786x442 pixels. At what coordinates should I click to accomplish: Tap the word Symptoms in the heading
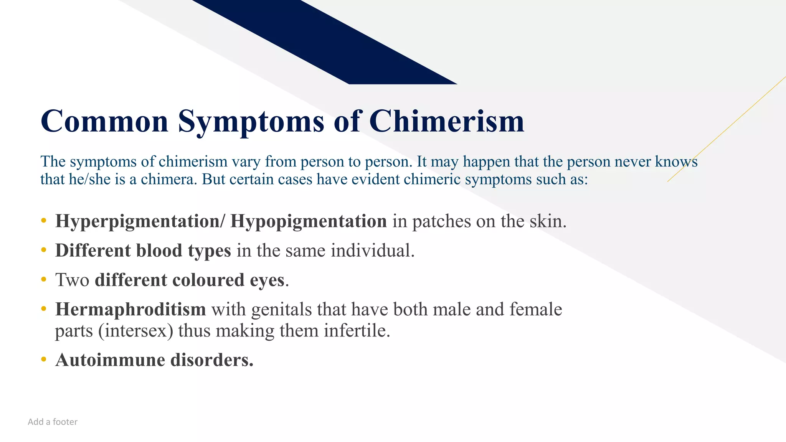(251, 121)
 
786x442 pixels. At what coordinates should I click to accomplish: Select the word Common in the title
(104, 121)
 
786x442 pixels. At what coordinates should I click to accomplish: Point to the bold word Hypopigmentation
(308, 221)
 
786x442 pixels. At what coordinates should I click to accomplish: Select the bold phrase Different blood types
(143, 251)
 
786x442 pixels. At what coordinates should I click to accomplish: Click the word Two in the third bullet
(72, 280)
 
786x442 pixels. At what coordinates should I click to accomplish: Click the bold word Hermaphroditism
(130, 309)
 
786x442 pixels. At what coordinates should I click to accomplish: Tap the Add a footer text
(53, 422)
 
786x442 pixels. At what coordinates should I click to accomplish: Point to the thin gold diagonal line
(729, 127)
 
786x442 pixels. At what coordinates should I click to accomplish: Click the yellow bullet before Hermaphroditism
(44, 309)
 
